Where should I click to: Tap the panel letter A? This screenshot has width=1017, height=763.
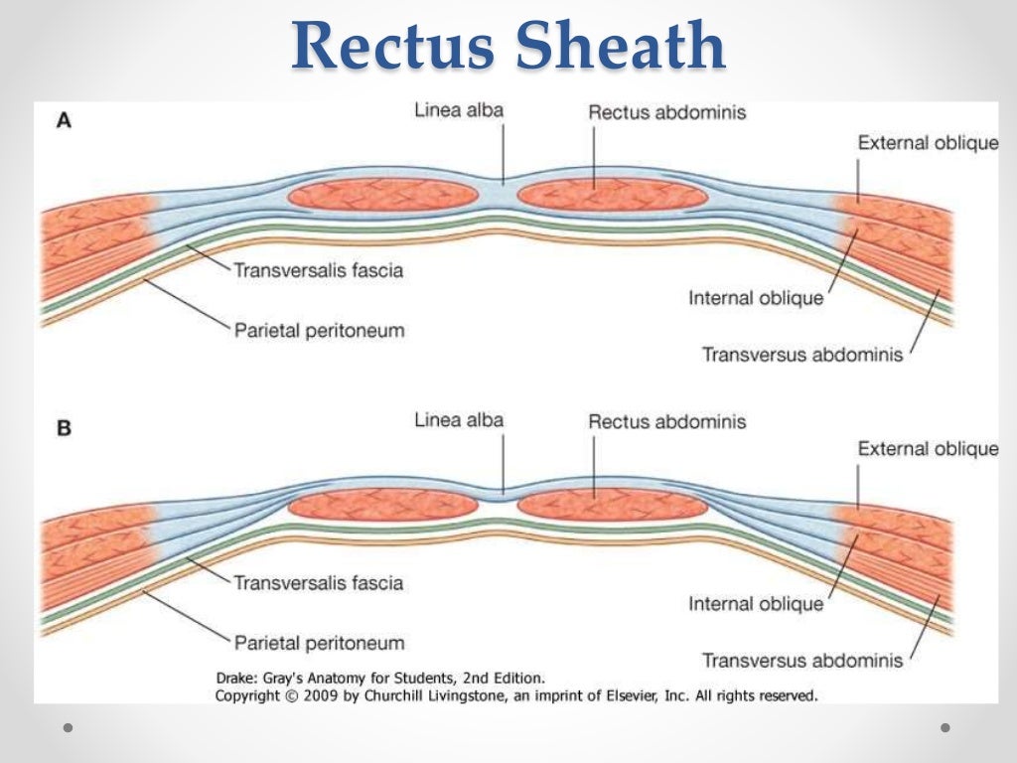point(64,120)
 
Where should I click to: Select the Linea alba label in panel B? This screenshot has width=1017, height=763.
point(459,420)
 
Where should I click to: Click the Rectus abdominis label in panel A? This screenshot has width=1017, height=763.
point(666,112)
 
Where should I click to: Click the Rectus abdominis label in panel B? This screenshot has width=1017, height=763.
point(666,422)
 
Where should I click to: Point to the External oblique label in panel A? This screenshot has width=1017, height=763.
point(928,143)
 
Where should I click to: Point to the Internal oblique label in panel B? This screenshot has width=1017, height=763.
point(756,603)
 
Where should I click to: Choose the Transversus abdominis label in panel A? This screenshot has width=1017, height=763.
point(802,354)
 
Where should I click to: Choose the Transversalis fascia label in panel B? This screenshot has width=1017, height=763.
point(318,582)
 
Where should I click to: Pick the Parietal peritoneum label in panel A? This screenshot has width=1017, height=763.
point(319,330)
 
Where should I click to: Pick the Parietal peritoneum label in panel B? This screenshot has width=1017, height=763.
point(319,642)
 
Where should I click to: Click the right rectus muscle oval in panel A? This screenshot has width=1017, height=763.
point(613,193)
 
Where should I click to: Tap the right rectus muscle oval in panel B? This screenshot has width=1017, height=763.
point(613,505)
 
